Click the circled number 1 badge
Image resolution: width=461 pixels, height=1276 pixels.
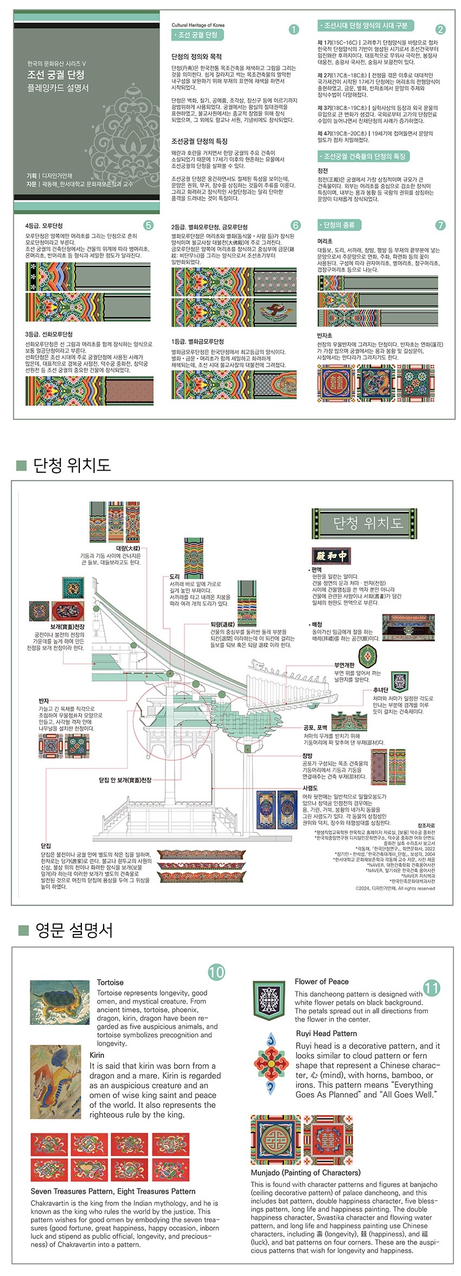point(293,29)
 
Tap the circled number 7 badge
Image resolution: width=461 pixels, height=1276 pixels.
point(440,225)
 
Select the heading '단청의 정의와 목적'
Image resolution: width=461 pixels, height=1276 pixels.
point(196,56)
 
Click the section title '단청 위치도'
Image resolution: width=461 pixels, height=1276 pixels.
point(72,465)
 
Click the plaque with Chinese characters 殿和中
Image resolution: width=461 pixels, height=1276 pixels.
point(331,556)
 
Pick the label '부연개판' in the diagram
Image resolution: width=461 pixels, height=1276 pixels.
point(344,664)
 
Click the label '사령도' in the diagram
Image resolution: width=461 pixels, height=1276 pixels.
point(310,788)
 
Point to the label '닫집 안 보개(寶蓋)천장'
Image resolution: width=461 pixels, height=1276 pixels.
point(125,780)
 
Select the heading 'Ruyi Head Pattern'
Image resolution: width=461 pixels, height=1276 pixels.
point(326,1033)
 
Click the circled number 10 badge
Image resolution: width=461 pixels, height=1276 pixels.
point(216,972)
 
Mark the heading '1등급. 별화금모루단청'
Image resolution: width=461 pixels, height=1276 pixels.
point(197,342)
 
